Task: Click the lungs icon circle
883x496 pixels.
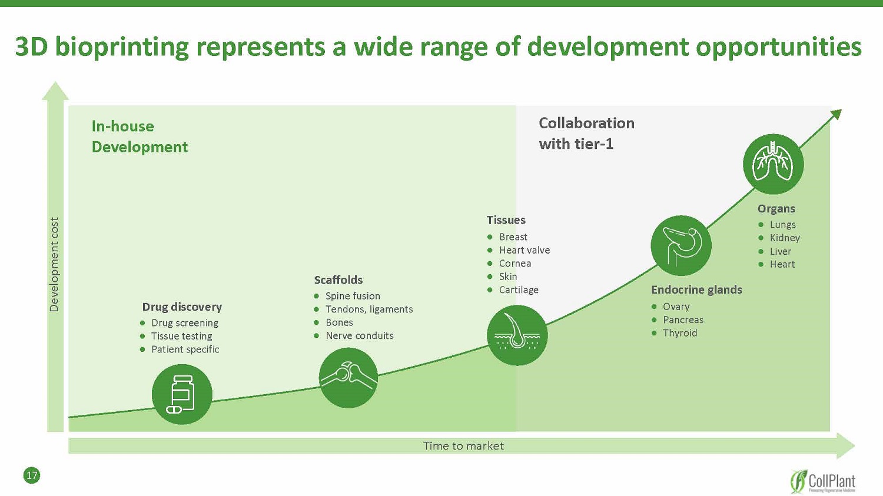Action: point(773,164)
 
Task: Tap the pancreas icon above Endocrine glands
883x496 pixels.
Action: point(681,245)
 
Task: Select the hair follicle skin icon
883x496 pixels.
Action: point(517,335)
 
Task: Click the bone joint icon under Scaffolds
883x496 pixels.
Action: point(348,378)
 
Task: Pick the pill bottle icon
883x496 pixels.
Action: point(182,394)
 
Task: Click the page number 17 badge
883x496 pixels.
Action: point(32,475)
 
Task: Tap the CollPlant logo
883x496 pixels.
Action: point(823,481)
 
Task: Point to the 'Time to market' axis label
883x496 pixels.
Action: point(463,446)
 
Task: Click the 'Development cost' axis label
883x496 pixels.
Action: point(54,264)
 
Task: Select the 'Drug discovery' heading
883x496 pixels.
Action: point(182,307)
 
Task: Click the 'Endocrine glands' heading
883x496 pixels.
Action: point(696,289)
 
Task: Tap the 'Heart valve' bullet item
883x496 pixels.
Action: point(524,250)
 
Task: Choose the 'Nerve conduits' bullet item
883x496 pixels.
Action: point(359,335)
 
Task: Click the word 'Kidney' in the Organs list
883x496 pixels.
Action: point(785,238)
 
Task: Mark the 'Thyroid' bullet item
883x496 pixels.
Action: point(680,333)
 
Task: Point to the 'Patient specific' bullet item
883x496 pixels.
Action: point(185,349)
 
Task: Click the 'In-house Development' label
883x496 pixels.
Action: point(140,137)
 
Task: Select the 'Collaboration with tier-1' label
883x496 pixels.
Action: point(586,133)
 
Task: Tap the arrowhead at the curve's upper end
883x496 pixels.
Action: point(836,114)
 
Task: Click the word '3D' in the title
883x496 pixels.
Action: point(31,47)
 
